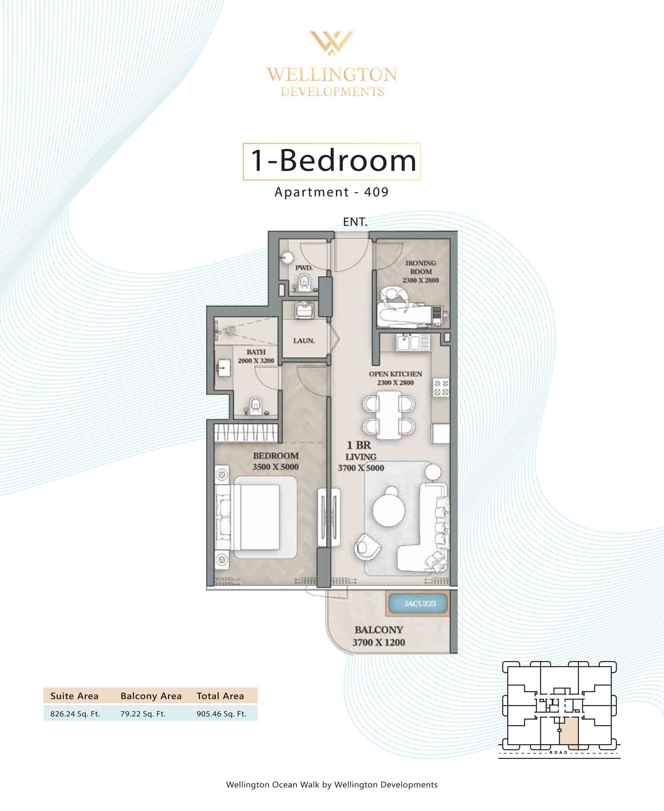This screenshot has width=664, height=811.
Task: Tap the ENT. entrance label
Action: click(355, 222)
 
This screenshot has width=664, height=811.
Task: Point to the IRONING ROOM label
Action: click(421, 267)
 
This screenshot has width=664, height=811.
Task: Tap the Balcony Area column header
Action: click(151, 696)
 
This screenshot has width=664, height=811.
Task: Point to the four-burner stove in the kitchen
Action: click(441, 388)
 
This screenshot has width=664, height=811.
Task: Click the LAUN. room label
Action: click(304, 340)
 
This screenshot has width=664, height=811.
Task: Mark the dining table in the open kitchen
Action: click(389, 415)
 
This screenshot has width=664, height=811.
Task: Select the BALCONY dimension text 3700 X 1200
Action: click(379, 642)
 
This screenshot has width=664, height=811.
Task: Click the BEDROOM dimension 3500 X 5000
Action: click(275, 467)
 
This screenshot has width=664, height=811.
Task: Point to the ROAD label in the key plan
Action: click(558, 753)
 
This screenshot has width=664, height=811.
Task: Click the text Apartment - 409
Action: click(332, 192)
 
